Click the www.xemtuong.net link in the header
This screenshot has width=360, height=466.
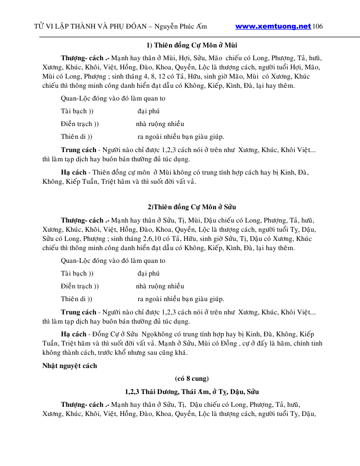[273, 26]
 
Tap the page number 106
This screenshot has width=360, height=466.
[318, 26]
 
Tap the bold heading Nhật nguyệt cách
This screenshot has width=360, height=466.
[69, 365]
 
